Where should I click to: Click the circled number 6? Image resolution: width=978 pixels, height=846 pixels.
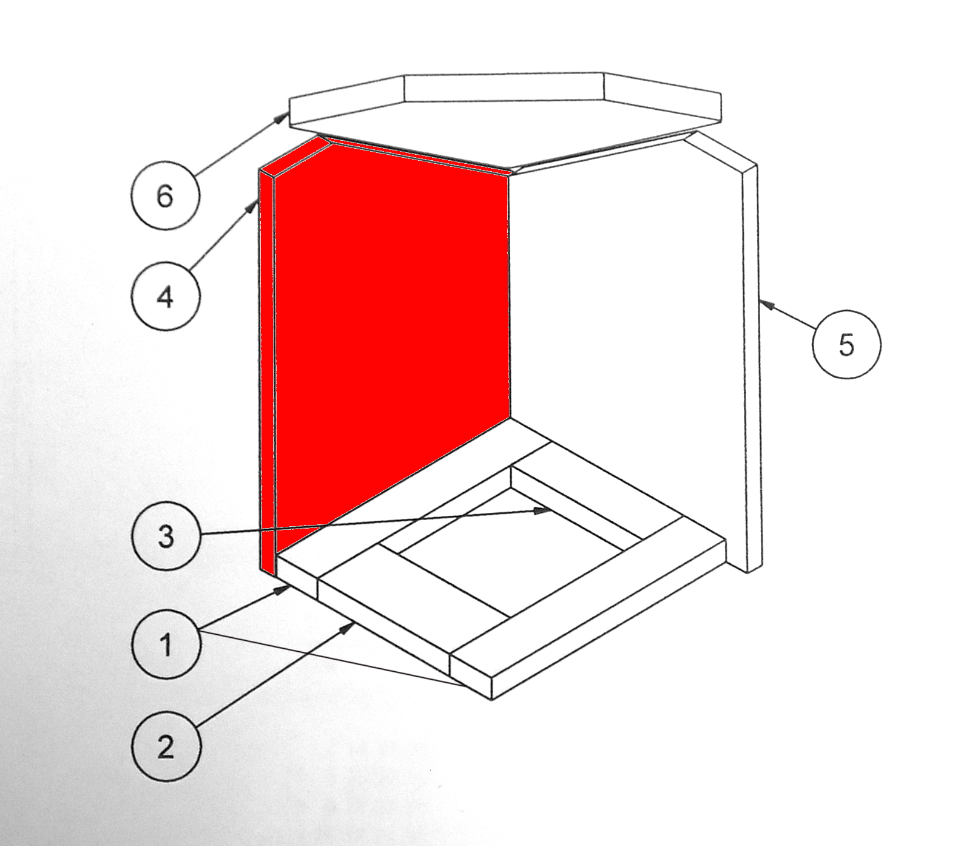(165, 195)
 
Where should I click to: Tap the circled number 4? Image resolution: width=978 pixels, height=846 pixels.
(165, 296)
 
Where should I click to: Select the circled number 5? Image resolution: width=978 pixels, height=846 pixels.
(846, 344)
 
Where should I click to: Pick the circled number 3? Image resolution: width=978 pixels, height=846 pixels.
(166, 536)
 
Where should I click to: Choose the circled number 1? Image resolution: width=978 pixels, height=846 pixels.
(166, 644)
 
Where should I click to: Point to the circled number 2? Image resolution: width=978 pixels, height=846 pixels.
(166, 746)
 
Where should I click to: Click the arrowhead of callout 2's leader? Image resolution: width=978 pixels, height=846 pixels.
(348, 627)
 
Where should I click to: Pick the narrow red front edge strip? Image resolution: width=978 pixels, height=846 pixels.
(268, 370)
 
